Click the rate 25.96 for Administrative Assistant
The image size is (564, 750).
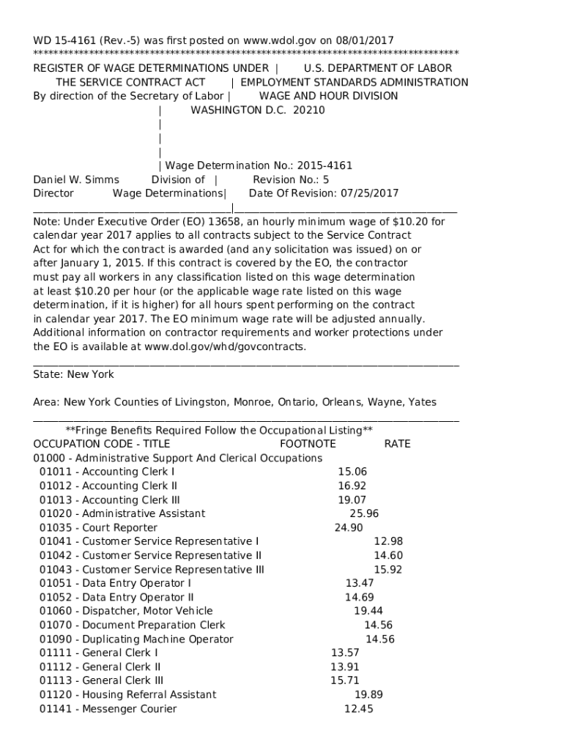(x=364, y=513)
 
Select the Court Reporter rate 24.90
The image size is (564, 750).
(x=349, y=527)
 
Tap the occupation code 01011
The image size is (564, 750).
(x=55, y=472)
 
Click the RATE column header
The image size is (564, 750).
(x=397, y=444)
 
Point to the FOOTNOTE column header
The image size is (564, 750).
(x=308, y=444)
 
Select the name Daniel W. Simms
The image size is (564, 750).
(x=76, y=179)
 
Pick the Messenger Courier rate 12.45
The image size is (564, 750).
(x=358, y=708)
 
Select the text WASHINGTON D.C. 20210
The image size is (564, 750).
(x=257, y=110)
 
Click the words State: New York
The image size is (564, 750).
(x=74, y=374)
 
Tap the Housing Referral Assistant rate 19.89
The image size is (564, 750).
(x=368, y=694)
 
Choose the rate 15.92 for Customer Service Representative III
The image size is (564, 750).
(x=388, y=569)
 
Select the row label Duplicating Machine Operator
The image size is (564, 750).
(x=157, y=639)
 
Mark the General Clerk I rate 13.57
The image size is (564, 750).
(x=345, y=653)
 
